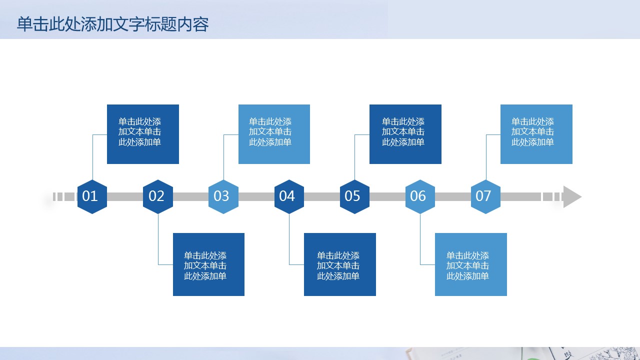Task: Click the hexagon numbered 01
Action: click(x=92, y=196)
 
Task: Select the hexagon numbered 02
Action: click(x=158, y=196)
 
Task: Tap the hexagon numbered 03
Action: click(x=223, y=196)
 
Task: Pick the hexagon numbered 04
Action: click(x=289, y=196)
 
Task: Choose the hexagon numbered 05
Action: click(x=354, y=196)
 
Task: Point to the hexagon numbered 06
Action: click(x=420, y=196)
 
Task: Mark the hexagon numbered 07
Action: click(x=485, y=196)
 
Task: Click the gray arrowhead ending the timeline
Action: click(x=572, y=196)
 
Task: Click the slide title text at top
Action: click(x=112, y=24)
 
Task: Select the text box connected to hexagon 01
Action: click(x=143, y=134)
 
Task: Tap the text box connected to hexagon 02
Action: click(x=208, y=264)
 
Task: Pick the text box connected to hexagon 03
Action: click(x=274, y=134)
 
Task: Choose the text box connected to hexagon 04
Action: click(x=340, y=264)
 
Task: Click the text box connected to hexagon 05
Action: click(x=405, y=134)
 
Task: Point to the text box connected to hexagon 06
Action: click(x=471, y=264)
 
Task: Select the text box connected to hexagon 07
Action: click(x=536, y=134)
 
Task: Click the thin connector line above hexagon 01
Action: click(x=92, y=160)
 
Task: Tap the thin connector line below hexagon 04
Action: click(x=289, y=240)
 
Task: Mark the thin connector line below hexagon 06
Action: click(x=420, y=240)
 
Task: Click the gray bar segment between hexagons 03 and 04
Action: click(x=256, y=196)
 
